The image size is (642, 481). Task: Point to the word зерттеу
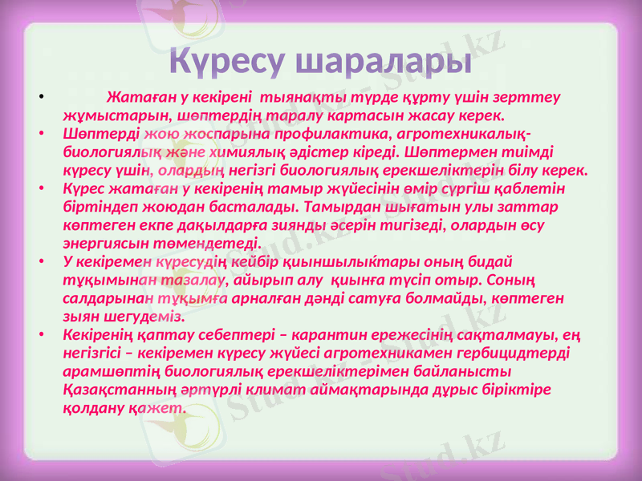[x=532, y=97]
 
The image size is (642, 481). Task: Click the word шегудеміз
[x=146, y=316]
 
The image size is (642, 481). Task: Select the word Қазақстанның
[x=118, y=389]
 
